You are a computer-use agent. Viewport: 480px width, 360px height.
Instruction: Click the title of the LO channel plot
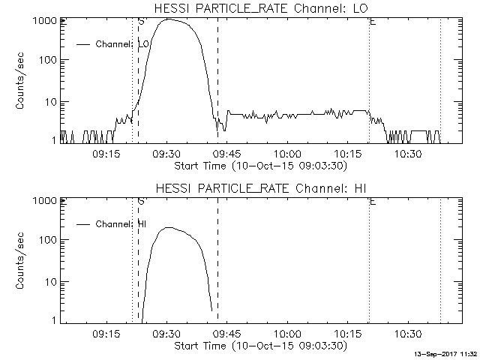click(x=261, y=8)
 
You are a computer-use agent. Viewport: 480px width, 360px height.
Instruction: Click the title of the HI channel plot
click(x=261, y=188)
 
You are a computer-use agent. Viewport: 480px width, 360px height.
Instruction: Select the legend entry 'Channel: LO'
click(x=113, y=44)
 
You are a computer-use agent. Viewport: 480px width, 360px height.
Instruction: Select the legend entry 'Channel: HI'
click(x=112, y=224)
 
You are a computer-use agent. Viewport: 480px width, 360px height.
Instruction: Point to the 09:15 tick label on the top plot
click(x=106, y=154)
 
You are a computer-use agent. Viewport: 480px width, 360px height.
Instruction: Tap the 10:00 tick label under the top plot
click(x=288, y=154)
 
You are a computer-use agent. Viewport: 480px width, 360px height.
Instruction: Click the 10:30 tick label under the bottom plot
click(x=408, y=334)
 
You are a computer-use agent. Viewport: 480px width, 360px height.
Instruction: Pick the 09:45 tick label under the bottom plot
click(x=227, y=334)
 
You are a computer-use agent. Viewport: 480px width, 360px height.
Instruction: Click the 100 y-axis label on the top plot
click(x=48, y=60)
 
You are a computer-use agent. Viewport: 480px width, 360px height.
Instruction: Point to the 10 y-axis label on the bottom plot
click(x=51, y=282)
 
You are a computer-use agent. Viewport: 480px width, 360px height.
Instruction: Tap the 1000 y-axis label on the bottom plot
click(x=45, y=201)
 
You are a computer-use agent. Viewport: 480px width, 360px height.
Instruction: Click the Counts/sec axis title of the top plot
click(x=20, y=81)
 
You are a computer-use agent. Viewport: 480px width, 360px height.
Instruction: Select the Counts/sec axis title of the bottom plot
click(x=20, y=261)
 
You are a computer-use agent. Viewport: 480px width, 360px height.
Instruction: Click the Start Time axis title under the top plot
click(x=261, y=166)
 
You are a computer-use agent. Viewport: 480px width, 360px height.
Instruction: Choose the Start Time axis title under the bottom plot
click(x=261, y=346)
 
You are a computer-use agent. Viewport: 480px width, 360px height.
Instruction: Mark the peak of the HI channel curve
click(x=169, y=227)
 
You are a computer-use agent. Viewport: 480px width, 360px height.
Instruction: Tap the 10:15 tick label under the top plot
click(x=348, y=154)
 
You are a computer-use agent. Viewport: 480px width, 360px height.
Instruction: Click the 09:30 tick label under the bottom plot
click(x=166, y=334)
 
